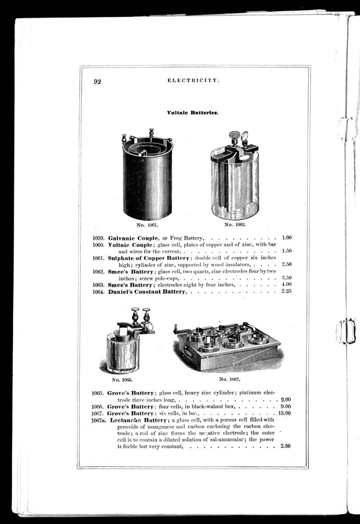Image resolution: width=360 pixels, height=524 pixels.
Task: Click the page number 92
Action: [x=97, y=81]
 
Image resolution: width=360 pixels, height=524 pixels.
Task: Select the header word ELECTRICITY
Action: [x=194, y=81]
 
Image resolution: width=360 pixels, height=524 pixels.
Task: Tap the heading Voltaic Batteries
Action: [x=193, y=112]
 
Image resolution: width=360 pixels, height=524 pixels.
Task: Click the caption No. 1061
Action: [x=147, y=224]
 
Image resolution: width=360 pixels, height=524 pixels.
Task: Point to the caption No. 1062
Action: [x=235, y=224]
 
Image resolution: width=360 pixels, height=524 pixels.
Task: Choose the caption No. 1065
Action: [x=122, y=380]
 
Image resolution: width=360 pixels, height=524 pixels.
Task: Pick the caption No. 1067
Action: [x=230, y=379]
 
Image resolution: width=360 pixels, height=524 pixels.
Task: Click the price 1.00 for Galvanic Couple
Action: [x=286, y=238]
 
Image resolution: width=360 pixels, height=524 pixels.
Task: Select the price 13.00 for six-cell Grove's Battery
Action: [x=284, y=413]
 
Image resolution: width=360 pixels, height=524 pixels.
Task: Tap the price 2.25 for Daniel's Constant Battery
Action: [x=286, y=291]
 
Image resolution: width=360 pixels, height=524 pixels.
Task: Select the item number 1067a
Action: [x=99, y=420]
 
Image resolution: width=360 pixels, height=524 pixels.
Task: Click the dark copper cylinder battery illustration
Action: [x=147, y=177]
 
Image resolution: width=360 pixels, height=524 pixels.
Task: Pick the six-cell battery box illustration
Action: [x=228, y=346]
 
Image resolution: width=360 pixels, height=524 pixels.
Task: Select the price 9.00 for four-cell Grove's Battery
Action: [x=286, y=406]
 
